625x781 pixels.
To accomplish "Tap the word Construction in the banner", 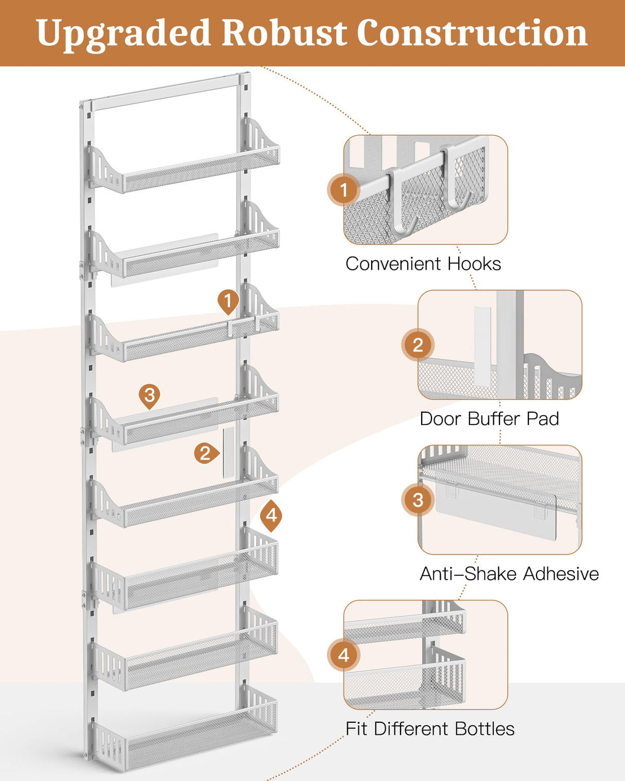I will tap(472, 33).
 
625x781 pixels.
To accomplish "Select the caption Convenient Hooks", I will tap(423, 263).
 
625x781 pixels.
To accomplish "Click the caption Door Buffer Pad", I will tap(489, 418).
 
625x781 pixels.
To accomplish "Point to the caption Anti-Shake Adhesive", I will tap(509, 573).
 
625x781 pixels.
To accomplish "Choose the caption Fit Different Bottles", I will tap(429, 729).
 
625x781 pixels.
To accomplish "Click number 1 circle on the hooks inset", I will tap(344, 190).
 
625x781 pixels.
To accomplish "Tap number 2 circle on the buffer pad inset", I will tap(418, 345).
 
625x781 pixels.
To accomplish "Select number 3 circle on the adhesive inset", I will tap(418, 500).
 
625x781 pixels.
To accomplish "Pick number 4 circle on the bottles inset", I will tap(344, 655).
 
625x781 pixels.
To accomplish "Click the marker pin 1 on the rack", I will tap(228, 300).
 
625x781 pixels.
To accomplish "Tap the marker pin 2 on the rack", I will tap(205, 453).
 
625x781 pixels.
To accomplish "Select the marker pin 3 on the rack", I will tap(149, 395).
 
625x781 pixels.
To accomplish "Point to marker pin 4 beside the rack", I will tap(271, 515).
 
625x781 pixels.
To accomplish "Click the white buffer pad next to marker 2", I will tap(228, 452).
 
